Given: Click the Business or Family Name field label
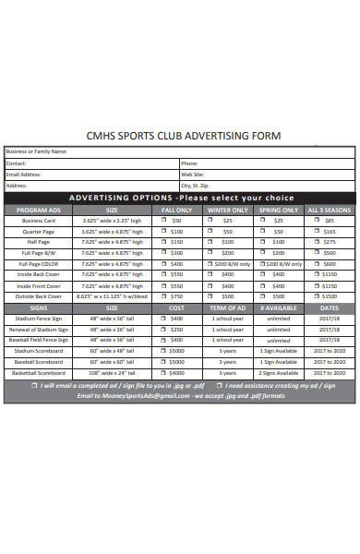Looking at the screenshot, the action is [x=36, y=151].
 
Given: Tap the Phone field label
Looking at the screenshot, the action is [x=189, y=163].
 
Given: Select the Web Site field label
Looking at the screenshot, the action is [x=192, y=174].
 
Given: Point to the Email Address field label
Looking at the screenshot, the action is [x=24, y=174].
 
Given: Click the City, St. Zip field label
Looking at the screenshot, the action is [x=198, y=185].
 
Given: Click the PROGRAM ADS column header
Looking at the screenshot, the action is [x=38, y=211].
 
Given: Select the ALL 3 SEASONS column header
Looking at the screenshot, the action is [x=330, y=211].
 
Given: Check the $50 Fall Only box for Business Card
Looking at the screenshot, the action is [x=164, y=222].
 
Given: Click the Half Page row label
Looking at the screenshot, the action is [x=38, y=242].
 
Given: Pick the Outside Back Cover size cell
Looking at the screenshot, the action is [x=112, y=296].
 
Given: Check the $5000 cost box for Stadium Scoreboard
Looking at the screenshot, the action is [x=164, y=351].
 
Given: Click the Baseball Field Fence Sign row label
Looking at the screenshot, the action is [x=38, y=340].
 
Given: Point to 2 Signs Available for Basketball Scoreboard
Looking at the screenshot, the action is [x=278, y=372].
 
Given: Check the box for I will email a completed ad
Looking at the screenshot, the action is [x=35, y=385].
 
